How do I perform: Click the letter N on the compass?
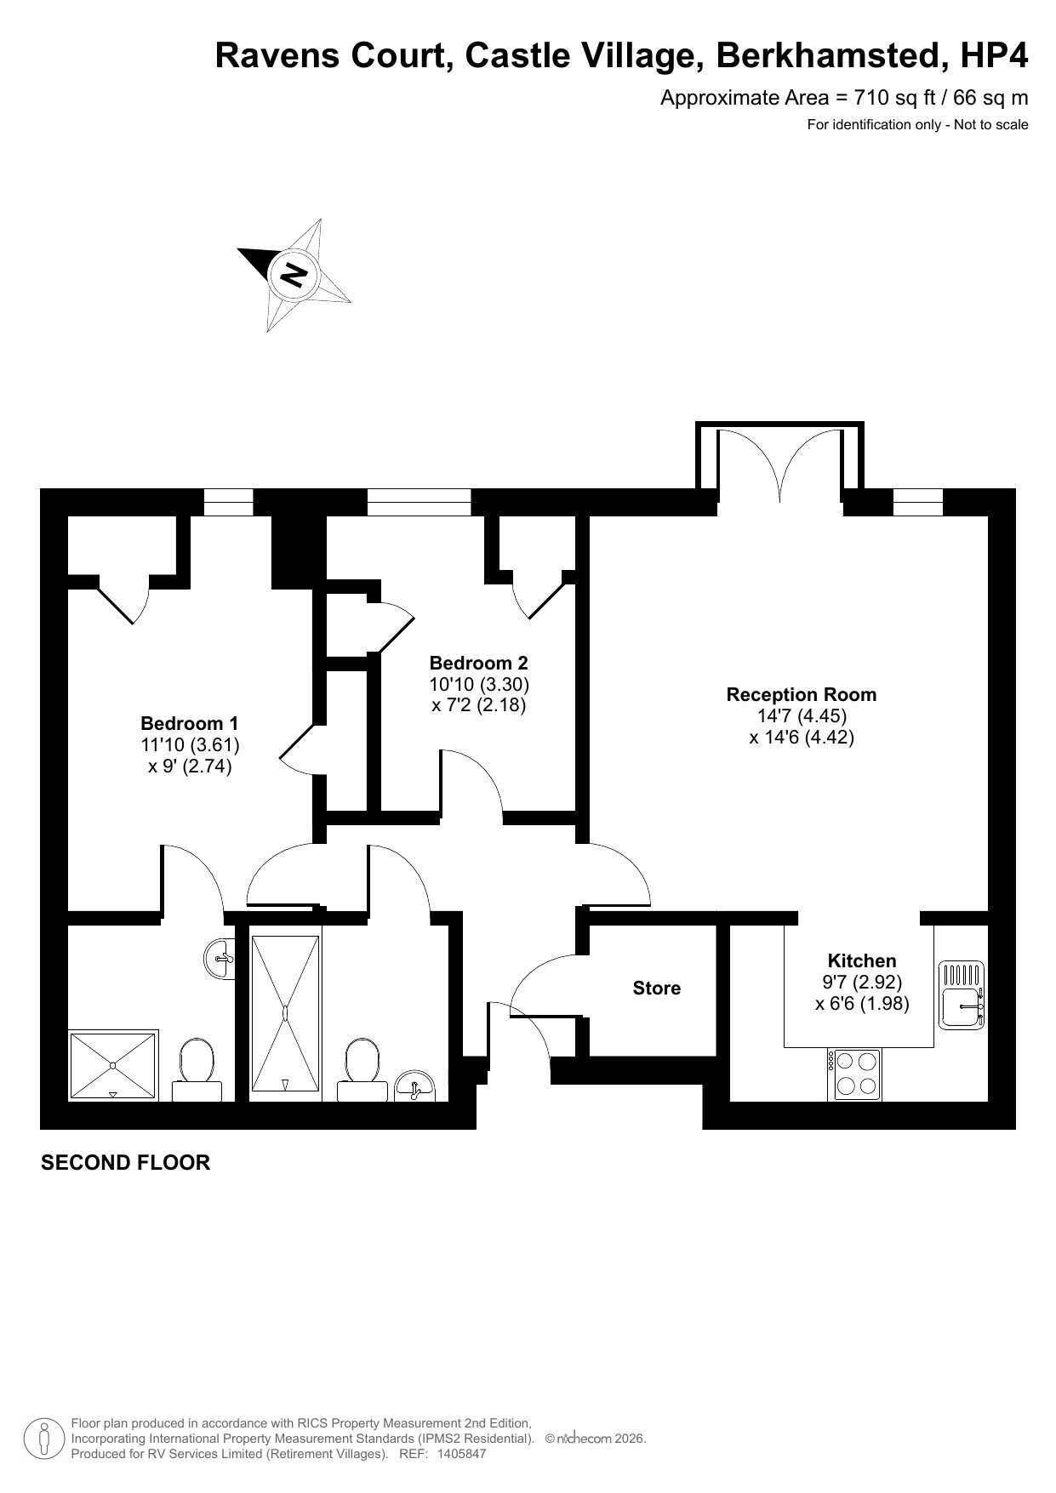tap(294, 274)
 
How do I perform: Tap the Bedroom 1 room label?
tap(190, 723)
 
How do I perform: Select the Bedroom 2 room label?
tap(478, 663)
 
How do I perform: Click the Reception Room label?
tap(801, 694)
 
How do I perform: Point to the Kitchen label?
tap(862, 960)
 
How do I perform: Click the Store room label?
tap(657, 988)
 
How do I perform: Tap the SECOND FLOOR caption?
tap(125, 1162)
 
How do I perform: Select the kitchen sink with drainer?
tap(962, 995)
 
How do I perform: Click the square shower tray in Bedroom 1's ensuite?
tap(113, 1066)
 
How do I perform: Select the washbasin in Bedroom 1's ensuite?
tap(220, 960)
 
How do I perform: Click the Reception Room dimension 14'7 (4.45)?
tap(802, 716)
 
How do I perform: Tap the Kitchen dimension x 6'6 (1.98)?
tap(862, 1004)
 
